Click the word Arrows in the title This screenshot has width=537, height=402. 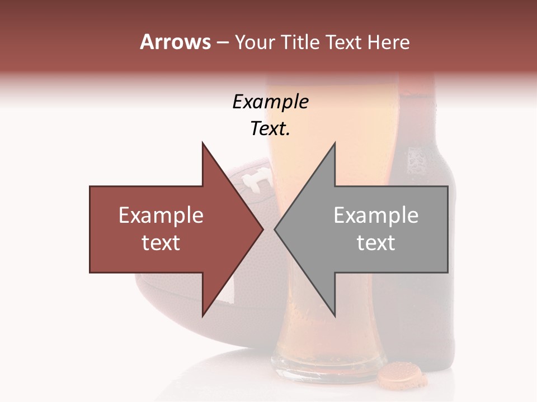[176, 42]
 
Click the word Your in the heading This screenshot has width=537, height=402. [255, 42]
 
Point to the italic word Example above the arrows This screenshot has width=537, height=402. [270, 102]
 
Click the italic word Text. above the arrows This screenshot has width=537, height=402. [270, 129]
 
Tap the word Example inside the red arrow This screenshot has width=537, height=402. [161, 216]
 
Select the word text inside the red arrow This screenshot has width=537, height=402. [161, 243]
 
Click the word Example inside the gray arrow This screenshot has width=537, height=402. [376, 216]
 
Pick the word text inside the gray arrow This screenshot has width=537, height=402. [376, 243]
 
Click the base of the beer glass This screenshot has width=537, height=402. [327, 366]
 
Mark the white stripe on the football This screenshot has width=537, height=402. [228, 288]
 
